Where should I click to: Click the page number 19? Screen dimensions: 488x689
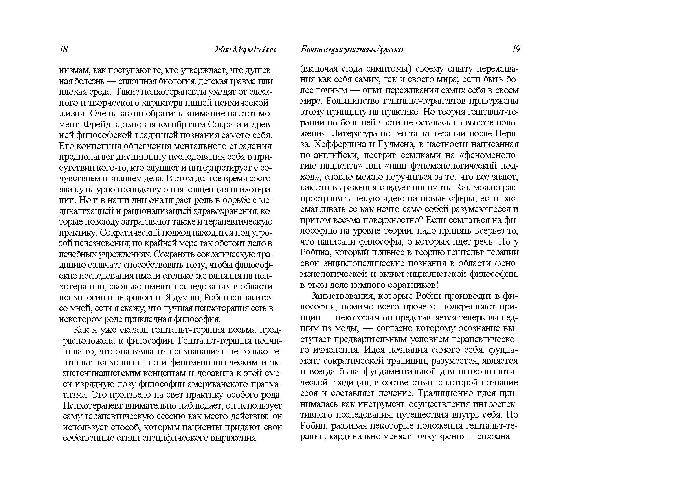click(x=516, y=49)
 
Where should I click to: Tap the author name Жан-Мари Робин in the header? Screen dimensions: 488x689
click(x=244, y=50)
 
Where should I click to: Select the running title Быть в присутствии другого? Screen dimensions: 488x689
click(x=352, y=50)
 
